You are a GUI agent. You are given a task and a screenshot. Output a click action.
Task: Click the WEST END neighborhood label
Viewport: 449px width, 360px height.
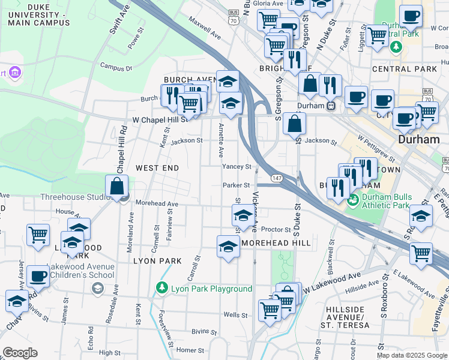point(157,168)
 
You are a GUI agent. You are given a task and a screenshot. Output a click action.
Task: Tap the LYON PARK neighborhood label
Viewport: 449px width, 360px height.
point(157,261)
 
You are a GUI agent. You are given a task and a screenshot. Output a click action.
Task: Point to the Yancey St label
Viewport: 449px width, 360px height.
point(237,166)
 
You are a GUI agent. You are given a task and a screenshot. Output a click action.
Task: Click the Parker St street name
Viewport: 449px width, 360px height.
point(235,185)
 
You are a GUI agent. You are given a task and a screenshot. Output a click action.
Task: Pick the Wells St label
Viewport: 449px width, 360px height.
point(235,315)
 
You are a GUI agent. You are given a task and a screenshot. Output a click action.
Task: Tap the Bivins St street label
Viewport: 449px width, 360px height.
point(204,331)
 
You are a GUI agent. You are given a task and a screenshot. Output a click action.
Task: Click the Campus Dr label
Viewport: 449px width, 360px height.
point(116,67)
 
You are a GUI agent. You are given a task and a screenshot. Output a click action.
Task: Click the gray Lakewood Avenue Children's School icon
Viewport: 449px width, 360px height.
point(97,289)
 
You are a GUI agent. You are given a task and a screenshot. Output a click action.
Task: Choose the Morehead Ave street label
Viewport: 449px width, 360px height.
point(157,204)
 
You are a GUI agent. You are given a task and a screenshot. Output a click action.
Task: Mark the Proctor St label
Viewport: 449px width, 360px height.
point(276,229)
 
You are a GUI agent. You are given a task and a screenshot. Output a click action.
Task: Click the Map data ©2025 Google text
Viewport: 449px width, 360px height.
point(412,355)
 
